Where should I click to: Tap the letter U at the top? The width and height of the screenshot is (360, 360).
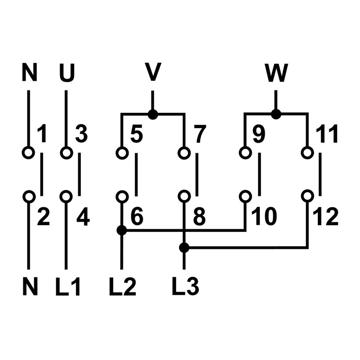coord(67,74)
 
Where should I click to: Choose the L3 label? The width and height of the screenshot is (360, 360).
coord(186,286)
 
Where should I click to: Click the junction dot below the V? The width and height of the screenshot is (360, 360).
coord(152,115)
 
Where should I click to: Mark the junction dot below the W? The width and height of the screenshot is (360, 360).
coord(276,115)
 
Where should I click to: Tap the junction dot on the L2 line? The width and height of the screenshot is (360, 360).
coord(122,230)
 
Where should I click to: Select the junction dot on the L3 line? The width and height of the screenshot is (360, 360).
coord(184,248)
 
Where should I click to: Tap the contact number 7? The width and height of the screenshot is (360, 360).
coord(199,135)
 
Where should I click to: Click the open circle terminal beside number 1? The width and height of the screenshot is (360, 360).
coord(29,153)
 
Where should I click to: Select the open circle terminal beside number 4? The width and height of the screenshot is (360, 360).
coord(66,196)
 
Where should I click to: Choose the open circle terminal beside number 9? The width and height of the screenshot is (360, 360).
coord(245,153)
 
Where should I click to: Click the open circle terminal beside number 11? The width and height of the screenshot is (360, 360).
coord(307,153)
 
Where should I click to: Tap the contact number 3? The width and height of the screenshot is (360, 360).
coord(81,135)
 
